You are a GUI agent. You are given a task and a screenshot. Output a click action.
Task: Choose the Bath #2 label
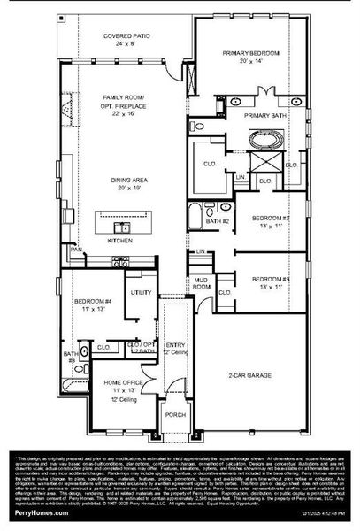coord(219,220)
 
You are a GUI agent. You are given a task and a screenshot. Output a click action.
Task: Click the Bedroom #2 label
coord(271,217)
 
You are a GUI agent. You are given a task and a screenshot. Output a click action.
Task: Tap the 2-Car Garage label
coord(250,374)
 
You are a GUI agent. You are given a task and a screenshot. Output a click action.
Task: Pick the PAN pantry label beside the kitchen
coord(77,250)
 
